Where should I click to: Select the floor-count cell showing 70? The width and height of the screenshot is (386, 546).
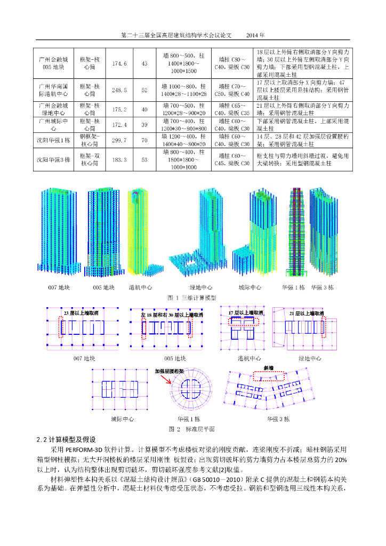click(144, 140)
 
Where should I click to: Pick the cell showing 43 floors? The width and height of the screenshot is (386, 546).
click(144, 64)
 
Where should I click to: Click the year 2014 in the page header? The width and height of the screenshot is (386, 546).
click(255, 35)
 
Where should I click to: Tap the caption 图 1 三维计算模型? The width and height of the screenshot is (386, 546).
click(192, 297)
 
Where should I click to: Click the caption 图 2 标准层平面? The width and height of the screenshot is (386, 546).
click(192, 428)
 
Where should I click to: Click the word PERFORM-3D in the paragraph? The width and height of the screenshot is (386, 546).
click(89, 449)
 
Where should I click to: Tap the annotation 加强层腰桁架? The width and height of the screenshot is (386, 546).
click(169, 371)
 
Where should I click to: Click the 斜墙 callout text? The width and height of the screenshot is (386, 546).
click(268, 368)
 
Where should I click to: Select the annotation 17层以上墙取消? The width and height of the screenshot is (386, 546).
click(245, 312)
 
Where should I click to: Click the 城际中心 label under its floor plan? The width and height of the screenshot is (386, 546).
click(122, 419)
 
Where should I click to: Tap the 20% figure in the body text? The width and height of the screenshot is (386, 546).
click(341, 460)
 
